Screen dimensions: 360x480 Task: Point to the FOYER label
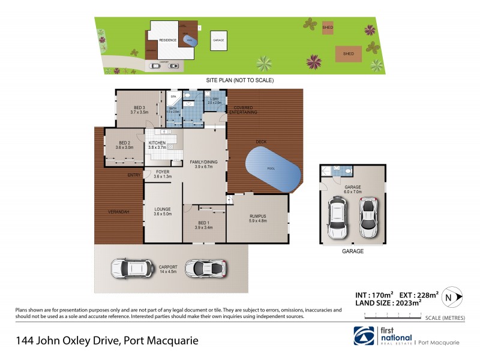point(163,174)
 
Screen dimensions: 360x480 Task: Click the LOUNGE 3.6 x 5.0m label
point(163,211)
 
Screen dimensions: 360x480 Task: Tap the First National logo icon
point(363,336)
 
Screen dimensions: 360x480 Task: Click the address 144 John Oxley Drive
point(107,341)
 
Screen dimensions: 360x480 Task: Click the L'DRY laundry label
point(214,101)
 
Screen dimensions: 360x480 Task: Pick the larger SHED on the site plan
point(348,53)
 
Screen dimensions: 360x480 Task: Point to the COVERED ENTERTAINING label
point(242,110)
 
